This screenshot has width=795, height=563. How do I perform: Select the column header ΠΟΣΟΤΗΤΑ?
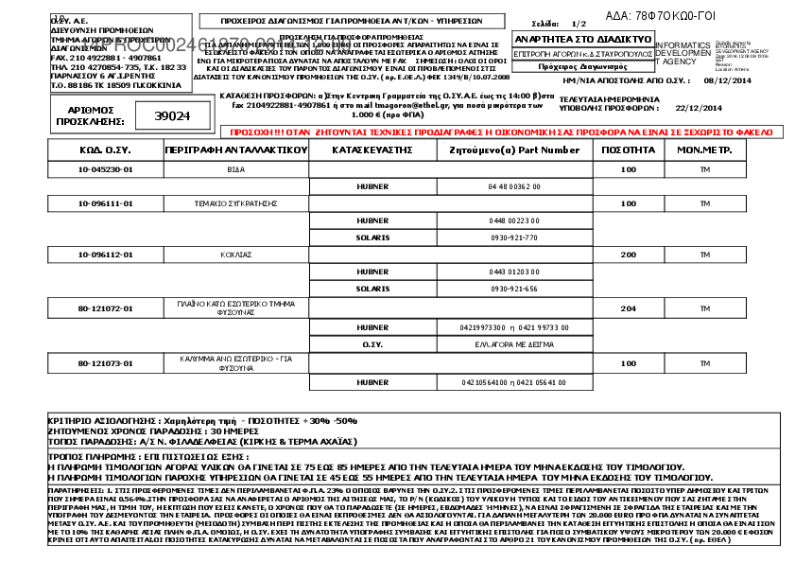point(628,150)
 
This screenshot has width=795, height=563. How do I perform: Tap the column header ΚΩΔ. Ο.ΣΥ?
point(105,150)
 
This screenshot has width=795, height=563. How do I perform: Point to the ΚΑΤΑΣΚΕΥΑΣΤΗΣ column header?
point(372,150)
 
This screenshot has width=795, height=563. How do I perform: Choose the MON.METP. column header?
point(703,150)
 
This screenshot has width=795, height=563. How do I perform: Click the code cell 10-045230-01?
point(105,169)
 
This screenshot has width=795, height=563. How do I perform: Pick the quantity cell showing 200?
point(628,255)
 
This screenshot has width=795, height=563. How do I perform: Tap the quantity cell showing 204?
point(628,308)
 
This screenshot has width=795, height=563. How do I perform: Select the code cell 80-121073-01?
point(105,362)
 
